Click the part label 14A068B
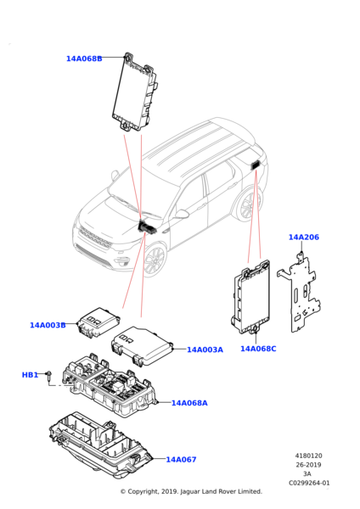point(84,59)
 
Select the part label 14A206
point(304,238)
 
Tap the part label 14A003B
point(48,325)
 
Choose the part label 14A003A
point(205,350)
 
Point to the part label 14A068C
point(258,349)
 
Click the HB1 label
point(30,375)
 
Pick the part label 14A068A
point(189,403)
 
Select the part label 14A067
point(182,460)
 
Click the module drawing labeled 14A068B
point(135,92)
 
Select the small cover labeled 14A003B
point(98,322)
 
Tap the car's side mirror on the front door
point(182,214)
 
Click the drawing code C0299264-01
point(309,483)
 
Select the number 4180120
point(309,456)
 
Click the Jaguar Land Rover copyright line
point(191,491)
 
